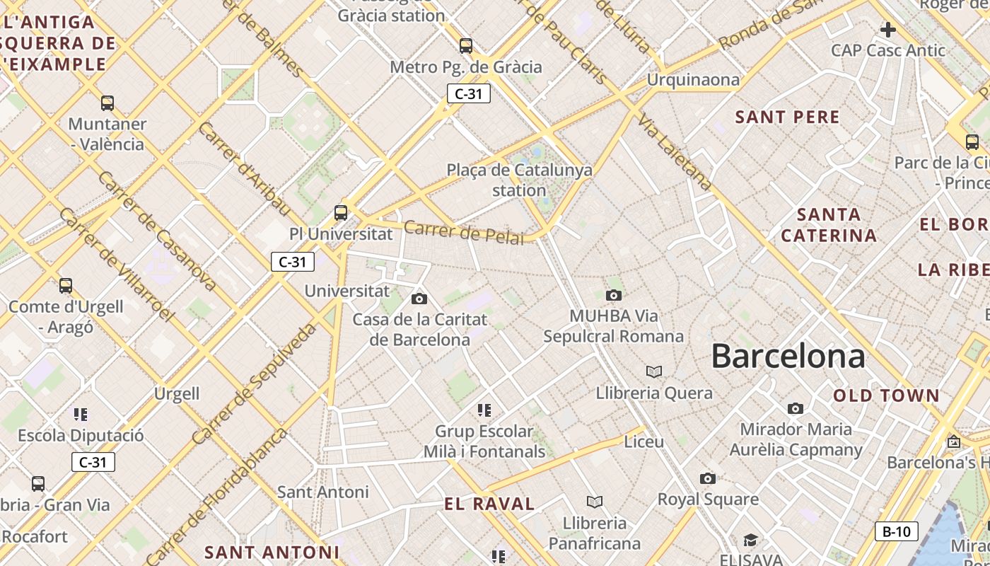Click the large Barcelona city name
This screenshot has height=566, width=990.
click(x=788, y=355)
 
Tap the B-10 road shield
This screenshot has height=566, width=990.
click(x=897, y=531)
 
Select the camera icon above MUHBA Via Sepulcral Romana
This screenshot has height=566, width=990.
click(x=614, y=295)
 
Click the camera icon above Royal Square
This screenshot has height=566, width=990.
click(x=708, y=478)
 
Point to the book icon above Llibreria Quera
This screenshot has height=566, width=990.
click(x=654, y=371)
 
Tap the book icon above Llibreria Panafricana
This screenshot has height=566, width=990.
click(x=595, y=502)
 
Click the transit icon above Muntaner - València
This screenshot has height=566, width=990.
click(x=107, y=103)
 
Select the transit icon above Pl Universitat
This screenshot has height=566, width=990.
click(x=341, y=212)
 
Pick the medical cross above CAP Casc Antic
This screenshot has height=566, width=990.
click(x=887, y=30)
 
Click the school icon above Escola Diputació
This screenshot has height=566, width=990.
click(x=81, y=414)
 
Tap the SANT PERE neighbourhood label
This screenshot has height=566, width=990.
click(x=788, y=117)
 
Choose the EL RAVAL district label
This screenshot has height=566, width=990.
click(x=489, y=504)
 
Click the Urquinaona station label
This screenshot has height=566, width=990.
click(x=693, y=79)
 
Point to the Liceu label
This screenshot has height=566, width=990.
click(x=644, y=441)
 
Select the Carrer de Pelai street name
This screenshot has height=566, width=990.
click(x=465, y=233)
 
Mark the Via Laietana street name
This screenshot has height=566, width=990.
click(x=675, y=153)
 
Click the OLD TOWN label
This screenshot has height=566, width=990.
click(x=886, y=395)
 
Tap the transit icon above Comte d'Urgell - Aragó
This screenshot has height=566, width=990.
click(x=66, y=286)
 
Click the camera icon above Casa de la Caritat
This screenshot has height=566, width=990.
click(x=419, y=299)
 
